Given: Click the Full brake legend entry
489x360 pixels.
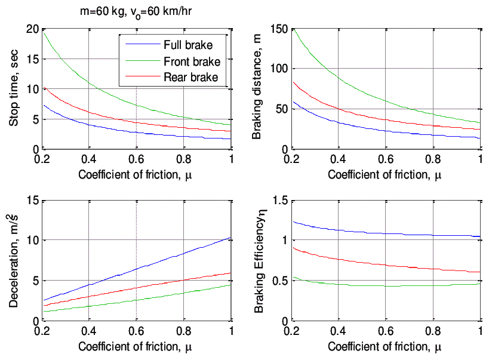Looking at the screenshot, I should pos(188,44).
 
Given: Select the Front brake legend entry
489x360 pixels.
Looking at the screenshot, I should pos(192,61).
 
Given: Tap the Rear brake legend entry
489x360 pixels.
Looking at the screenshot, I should pos(190,77).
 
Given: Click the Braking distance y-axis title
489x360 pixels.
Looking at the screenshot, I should pos(257,89).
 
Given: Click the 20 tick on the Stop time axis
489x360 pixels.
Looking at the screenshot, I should pos(31,29).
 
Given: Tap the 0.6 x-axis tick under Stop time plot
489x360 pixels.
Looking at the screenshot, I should pos(136,160).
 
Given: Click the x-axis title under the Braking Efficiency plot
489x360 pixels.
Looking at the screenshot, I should pos(385,346).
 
